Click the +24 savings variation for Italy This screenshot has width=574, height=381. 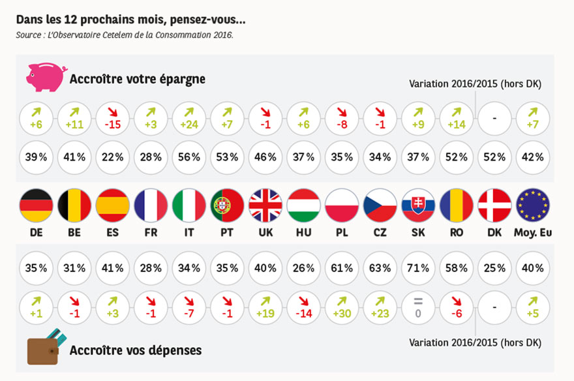189,119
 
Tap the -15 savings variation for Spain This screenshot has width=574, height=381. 113,119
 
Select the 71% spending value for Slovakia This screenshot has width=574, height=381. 419,267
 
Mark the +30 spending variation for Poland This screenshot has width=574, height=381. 342,306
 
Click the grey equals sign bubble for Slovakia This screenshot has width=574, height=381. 419,306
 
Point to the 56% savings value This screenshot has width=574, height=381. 189,157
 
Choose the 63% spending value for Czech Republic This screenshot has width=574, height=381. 380,267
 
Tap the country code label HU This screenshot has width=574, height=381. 303,233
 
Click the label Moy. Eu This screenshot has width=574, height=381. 533,233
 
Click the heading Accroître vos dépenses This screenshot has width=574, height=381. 136,350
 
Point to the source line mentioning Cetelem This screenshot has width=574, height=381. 125,35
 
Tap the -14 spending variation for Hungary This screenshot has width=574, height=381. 303,306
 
